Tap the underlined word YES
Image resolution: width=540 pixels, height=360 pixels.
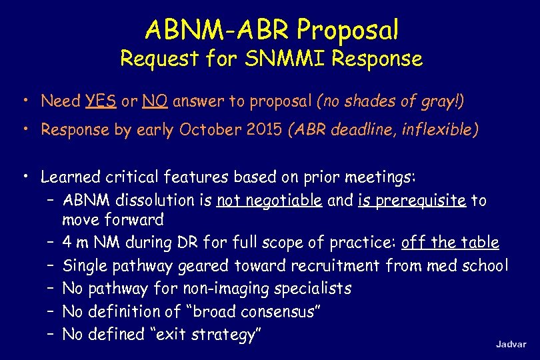(101, 101)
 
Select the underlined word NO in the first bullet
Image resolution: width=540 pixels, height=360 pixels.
(156, 101)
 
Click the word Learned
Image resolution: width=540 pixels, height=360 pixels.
(69, 177)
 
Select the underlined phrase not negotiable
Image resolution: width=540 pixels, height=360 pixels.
(269, 200)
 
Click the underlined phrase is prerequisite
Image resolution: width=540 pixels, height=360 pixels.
(411, 200)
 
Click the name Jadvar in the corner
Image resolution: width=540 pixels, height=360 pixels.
(511, 344)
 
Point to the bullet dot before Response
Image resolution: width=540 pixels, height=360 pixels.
(24, 129)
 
